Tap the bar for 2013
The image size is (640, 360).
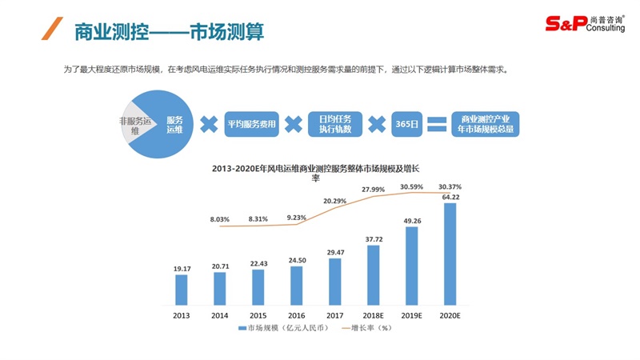(182, 289)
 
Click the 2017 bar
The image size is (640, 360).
(335, 281)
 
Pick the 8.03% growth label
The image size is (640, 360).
(220, 218)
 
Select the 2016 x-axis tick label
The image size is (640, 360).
(297, 314)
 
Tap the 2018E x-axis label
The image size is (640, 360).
(374, 314)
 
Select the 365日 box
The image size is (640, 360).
(406, 125)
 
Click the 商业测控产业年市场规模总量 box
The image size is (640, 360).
(487, 124)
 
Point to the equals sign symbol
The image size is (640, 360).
(436, 125)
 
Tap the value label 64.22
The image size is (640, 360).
(450, 197)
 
